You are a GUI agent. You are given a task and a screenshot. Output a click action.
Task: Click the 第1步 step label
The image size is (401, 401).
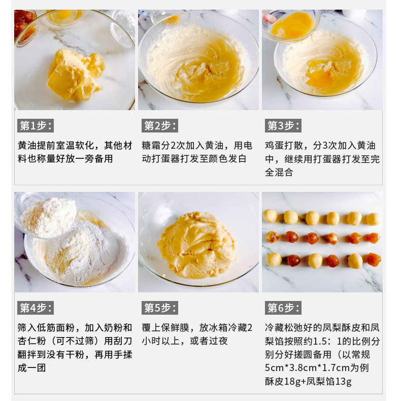click(x=36, y=125)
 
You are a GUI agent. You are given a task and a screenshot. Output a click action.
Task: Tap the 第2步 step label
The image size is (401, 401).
click(x=160, y=125)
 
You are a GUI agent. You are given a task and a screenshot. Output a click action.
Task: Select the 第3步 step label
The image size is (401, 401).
click(x=283, y=125)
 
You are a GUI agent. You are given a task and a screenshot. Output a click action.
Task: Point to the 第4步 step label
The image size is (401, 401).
click(x=36, y=308)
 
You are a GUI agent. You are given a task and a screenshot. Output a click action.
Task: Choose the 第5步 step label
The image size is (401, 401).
click(x=160, y=308)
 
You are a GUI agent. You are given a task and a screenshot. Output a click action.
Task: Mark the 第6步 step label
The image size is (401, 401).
click(x=283, y=308)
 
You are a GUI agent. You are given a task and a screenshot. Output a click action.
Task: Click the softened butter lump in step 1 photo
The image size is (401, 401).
click(x=76, y=75)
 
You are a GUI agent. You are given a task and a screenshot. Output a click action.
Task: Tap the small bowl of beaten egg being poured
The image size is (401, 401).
click(x=291, y=25)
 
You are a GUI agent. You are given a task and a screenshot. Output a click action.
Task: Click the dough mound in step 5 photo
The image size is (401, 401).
click(x=196, y=245)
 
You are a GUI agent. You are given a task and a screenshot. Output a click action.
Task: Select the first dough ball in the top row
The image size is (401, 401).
click(x=271, y=216)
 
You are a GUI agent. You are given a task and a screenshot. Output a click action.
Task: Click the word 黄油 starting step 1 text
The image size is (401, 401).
click(x=27, y=146)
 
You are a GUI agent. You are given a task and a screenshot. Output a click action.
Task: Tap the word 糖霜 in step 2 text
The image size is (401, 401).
click(x=151, y=146)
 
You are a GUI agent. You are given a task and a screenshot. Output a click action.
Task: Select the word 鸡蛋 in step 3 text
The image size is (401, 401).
click(x=275, y=146)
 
